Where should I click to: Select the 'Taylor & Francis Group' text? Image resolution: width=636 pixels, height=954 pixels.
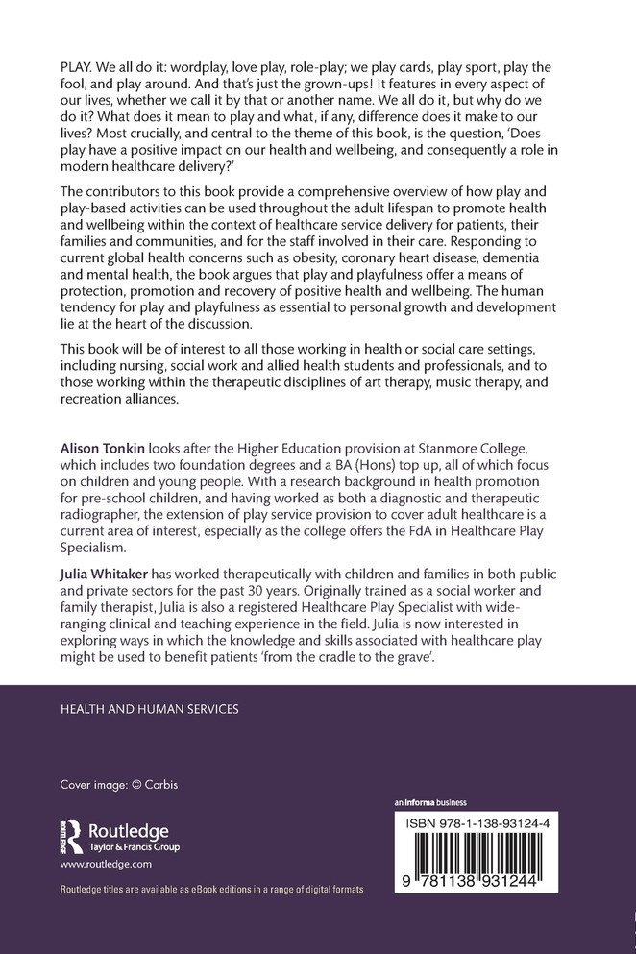pyautogui.click(x=134, y=847)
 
